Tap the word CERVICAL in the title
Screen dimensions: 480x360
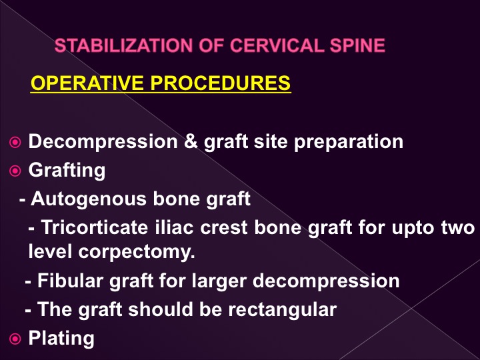277,45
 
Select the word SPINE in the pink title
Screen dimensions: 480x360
357,45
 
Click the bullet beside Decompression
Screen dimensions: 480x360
15,143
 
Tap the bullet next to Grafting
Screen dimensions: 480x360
15,171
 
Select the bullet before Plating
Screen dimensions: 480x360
15,339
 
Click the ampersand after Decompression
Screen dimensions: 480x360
191,141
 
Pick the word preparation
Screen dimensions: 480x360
349,143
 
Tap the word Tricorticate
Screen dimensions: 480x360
95,227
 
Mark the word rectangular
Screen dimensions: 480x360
283,310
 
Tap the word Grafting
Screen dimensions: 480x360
67,171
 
